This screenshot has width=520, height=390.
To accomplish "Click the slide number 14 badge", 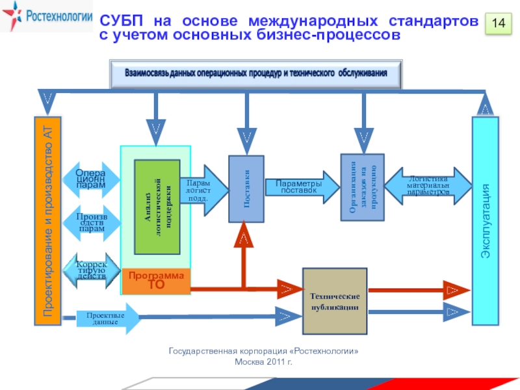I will pos(499,23).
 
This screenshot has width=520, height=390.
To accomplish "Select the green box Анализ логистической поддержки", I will pos(156,206).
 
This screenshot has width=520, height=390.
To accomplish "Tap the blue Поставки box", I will pos(246,188).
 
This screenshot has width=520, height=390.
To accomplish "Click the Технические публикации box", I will pos(335,300).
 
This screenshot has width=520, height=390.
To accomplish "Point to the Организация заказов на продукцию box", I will pos(362,188).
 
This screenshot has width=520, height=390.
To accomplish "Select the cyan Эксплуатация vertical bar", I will pos(485,221).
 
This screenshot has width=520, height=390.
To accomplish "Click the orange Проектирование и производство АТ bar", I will pos(47,221).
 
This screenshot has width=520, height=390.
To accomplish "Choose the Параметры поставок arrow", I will pos(302,187).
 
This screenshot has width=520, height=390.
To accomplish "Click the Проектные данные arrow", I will pos(108,318).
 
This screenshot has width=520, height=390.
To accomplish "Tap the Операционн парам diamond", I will pos(91,179).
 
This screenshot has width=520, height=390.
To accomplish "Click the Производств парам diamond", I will pos(91,221).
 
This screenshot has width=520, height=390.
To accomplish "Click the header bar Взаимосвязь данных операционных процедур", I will pos(256,73).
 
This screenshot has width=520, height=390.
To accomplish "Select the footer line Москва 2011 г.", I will pos(263,361).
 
